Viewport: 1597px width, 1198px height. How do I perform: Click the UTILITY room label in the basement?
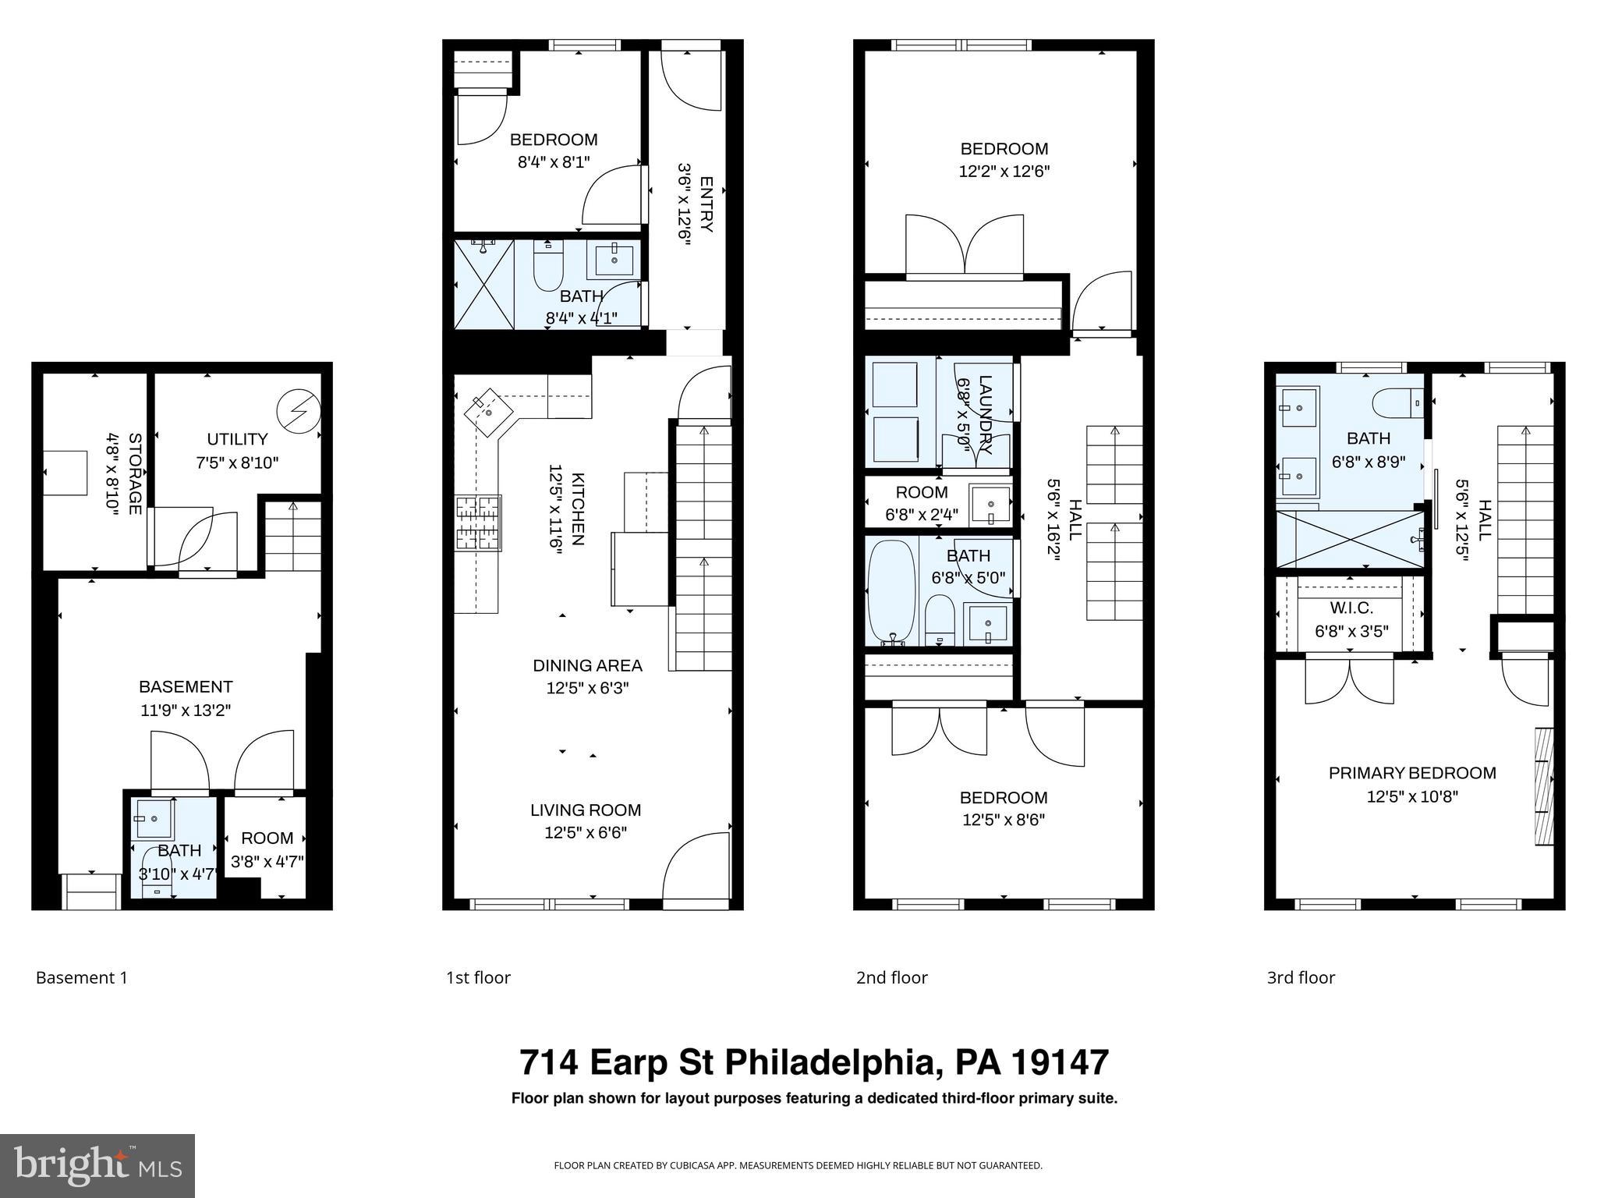[x=237, y=439]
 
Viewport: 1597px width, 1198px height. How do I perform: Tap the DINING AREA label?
[x=587, y=665]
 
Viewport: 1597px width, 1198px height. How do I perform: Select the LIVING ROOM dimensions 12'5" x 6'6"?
[x=586, y=833]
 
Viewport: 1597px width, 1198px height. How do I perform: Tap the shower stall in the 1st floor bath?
[x=484, y=285]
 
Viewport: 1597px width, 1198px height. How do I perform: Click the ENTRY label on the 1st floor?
[x=706, y=204]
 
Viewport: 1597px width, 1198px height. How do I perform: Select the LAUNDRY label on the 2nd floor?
[x=985, y=415]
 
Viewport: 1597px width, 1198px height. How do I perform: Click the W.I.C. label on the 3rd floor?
[x=1351, y=608]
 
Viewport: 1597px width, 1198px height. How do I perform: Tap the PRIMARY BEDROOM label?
[x=1412, y=773]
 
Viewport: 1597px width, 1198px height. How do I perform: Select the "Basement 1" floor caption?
[x=81, y=978]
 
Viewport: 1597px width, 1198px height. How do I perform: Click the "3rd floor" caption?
[x=1301, y=978]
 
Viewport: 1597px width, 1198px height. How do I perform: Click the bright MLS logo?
[x=97, y=1166]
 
